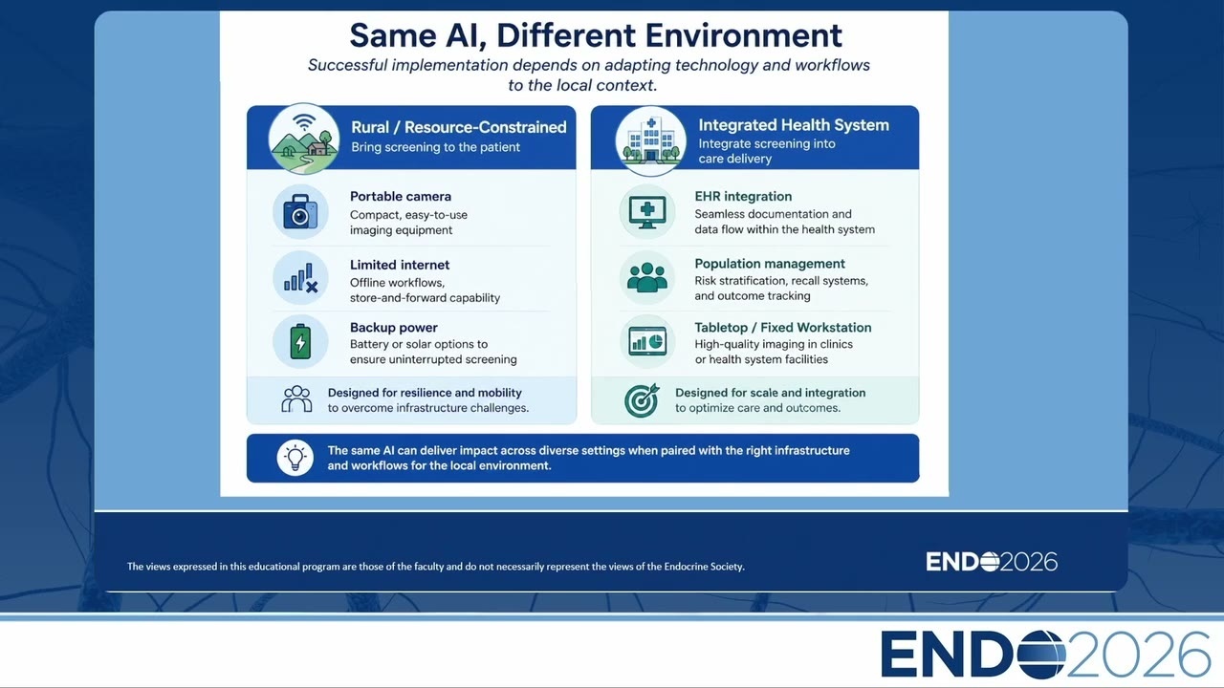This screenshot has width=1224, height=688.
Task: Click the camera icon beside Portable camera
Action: [x=300, y=211]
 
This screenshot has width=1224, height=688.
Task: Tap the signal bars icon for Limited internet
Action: [x=300, y=277]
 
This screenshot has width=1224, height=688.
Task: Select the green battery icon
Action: [x=300, y=341]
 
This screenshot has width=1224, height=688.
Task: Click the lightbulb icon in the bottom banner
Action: [x=295, y=458]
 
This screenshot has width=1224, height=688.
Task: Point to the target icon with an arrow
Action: [x=642, y=400]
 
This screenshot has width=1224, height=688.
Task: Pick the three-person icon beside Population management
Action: [x=647, y=277]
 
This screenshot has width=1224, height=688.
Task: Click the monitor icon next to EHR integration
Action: [x=647, y=212]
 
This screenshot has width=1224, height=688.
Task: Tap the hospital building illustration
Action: [x=650, y=140]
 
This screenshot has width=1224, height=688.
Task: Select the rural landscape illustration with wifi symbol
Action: [x=304, y=139]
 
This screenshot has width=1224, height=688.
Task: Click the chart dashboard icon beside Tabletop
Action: [x=647, y=341]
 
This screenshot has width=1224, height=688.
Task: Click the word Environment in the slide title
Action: [x=743, y=35]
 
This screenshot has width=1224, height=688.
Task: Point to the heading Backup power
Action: [x=393, y=328]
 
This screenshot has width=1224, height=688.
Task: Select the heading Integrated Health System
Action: [x=794, y=125]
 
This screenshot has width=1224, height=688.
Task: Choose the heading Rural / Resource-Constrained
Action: [x=458, y=127]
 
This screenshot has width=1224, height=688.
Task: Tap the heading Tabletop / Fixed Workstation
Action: [x=782, y=328]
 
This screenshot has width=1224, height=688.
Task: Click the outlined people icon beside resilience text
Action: [x=296, y=399]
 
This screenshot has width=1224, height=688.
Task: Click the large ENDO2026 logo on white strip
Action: [x=1045, y=654]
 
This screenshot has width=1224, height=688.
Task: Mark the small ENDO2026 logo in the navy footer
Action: [x=992, y=562]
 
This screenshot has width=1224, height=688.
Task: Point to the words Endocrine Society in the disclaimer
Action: [x=704, y=567]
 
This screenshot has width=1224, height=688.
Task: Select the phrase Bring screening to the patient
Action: [x=435, y=147]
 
